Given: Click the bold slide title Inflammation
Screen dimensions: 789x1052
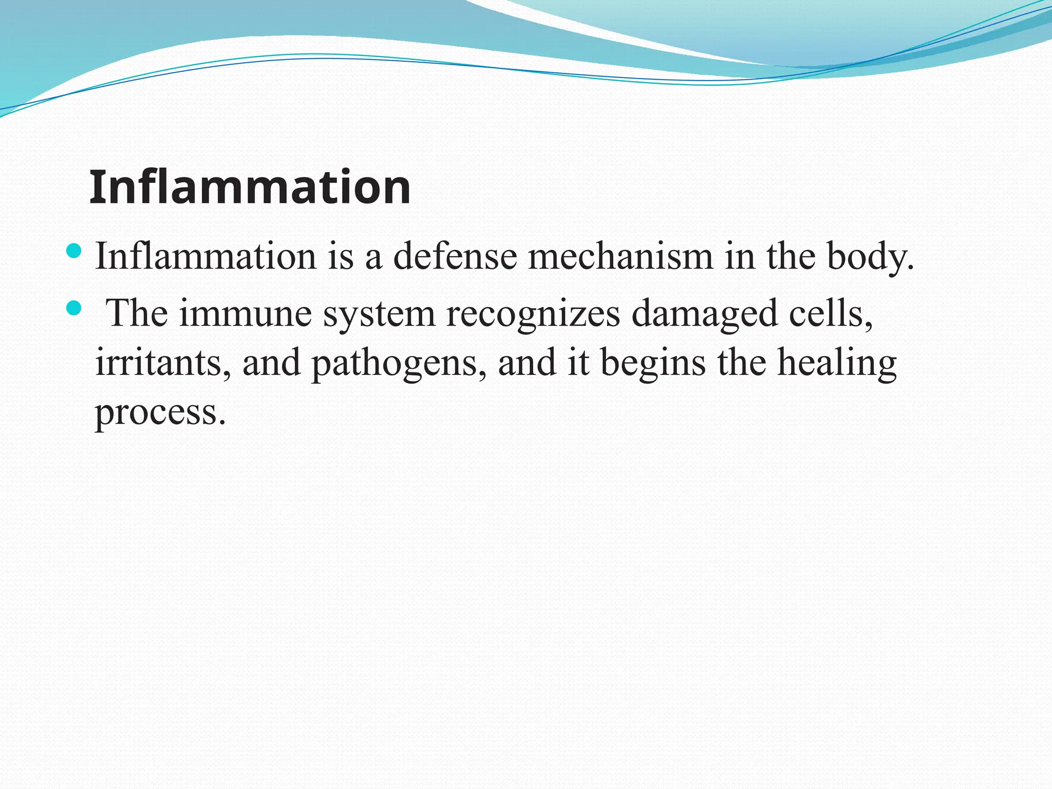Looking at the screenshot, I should [250, 187].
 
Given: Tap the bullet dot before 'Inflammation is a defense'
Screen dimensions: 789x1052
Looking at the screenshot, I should [74, 251].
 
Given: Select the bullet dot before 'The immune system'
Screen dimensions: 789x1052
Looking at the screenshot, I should [74, 308].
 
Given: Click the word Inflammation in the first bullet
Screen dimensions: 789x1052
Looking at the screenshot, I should [205, 256].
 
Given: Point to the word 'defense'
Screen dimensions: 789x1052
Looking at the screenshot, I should [455, 256].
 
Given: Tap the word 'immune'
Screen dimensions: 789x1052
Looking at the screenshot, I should [246, 313].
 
